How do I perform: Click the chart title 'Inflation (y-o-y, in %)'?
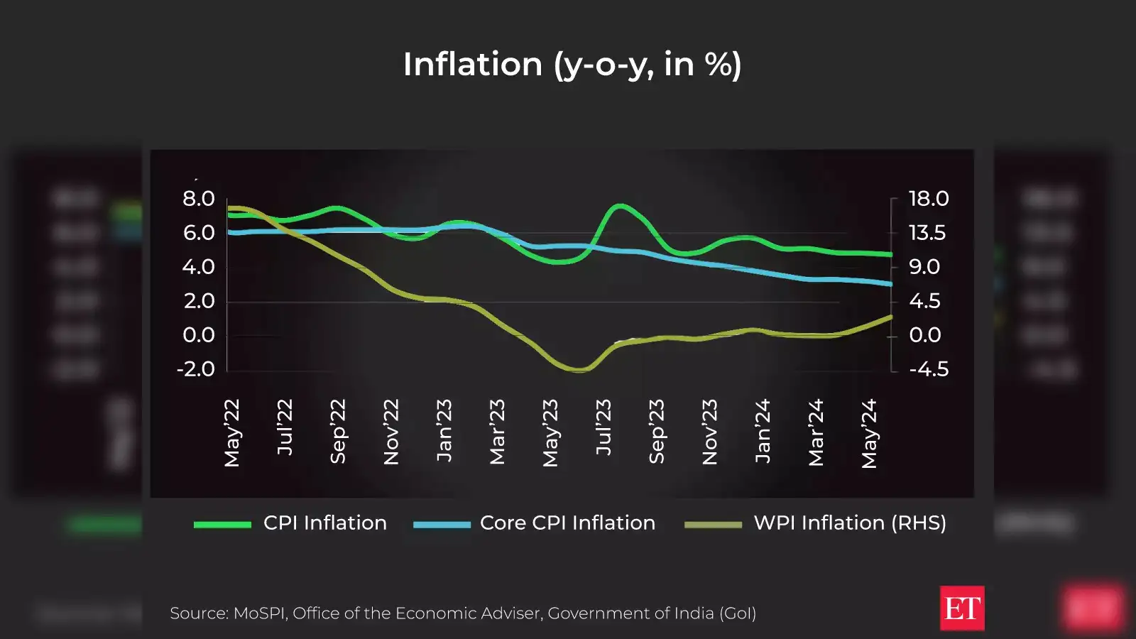572,65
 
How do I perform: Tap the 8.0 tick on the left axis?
199,199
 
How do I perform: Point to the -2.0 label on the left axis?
196,369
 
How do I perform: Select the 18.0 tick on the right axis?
929,199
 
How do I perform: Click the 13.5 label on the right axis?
927,233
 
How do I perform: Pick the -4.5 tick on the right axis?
929,369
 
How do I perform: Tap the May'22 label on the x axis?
232,433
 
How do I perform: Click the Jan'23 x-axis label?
444,431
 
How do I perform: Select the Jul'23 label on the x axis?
603,427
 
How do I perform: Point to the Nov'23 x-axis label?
710,432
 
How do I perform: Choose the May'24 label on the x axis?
870,434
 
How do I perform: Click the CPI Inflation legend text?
325,523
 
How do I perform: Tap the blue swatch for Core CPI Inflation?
442,525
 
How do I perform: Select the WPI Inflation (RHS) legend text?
850,523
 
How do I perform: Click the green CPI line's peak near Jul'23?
621,206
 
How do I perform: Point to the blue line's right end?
890,283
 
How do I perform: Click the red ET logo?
961,608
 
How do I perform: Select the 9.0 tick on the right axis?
924,267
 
